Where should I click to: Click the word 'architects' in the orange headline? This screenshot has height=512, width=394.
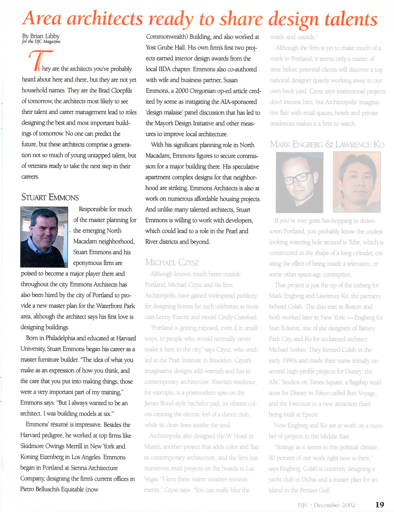105,18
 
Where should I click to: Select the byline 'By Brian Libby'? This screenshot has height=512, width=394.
41,36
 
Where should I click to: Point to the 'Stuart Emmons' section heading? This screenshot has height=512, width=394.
50,197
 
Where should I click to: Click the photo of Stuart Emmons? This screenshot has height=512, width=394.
44,237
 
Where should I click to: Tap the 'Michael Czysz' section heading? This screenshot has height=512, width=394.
172,262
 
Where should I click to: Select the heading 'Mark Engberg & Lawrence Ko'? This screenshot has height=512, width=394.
327,144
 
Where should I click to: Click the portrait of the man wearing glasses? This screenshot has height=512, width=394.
299,182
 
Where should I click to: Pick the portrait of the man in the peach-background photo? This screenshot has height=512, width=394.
357,182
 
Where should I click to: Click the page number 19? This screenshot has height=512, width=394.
379,504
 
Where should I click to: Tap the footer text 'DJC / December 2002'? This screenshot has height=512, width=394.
326,505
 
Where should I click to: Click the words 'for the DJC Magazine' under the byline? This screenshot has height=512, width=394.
41,42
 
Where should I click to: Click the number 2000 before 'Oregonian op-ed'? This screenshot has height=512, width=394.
182,91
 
